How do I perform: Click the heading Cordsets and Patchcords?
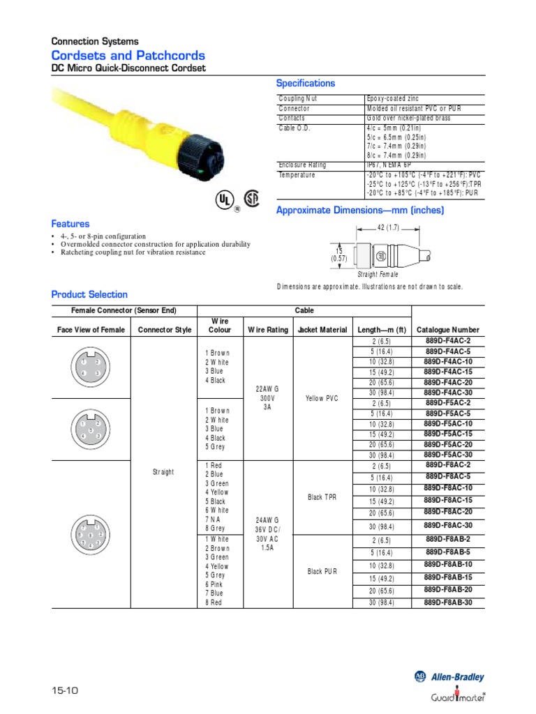point(128,55)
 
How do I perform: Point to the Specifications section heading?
point(306,83)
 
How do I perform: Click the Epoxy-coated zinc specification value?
point(392,99)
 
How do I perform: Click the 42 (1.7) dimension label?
point(387,227)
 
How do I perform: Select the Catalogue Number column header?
point(447,330)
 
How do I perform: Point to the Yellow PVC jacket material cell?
point(322,398)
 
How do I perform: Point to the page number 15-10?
point(65,690)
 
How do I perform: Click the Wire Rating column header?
point(267,330)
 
